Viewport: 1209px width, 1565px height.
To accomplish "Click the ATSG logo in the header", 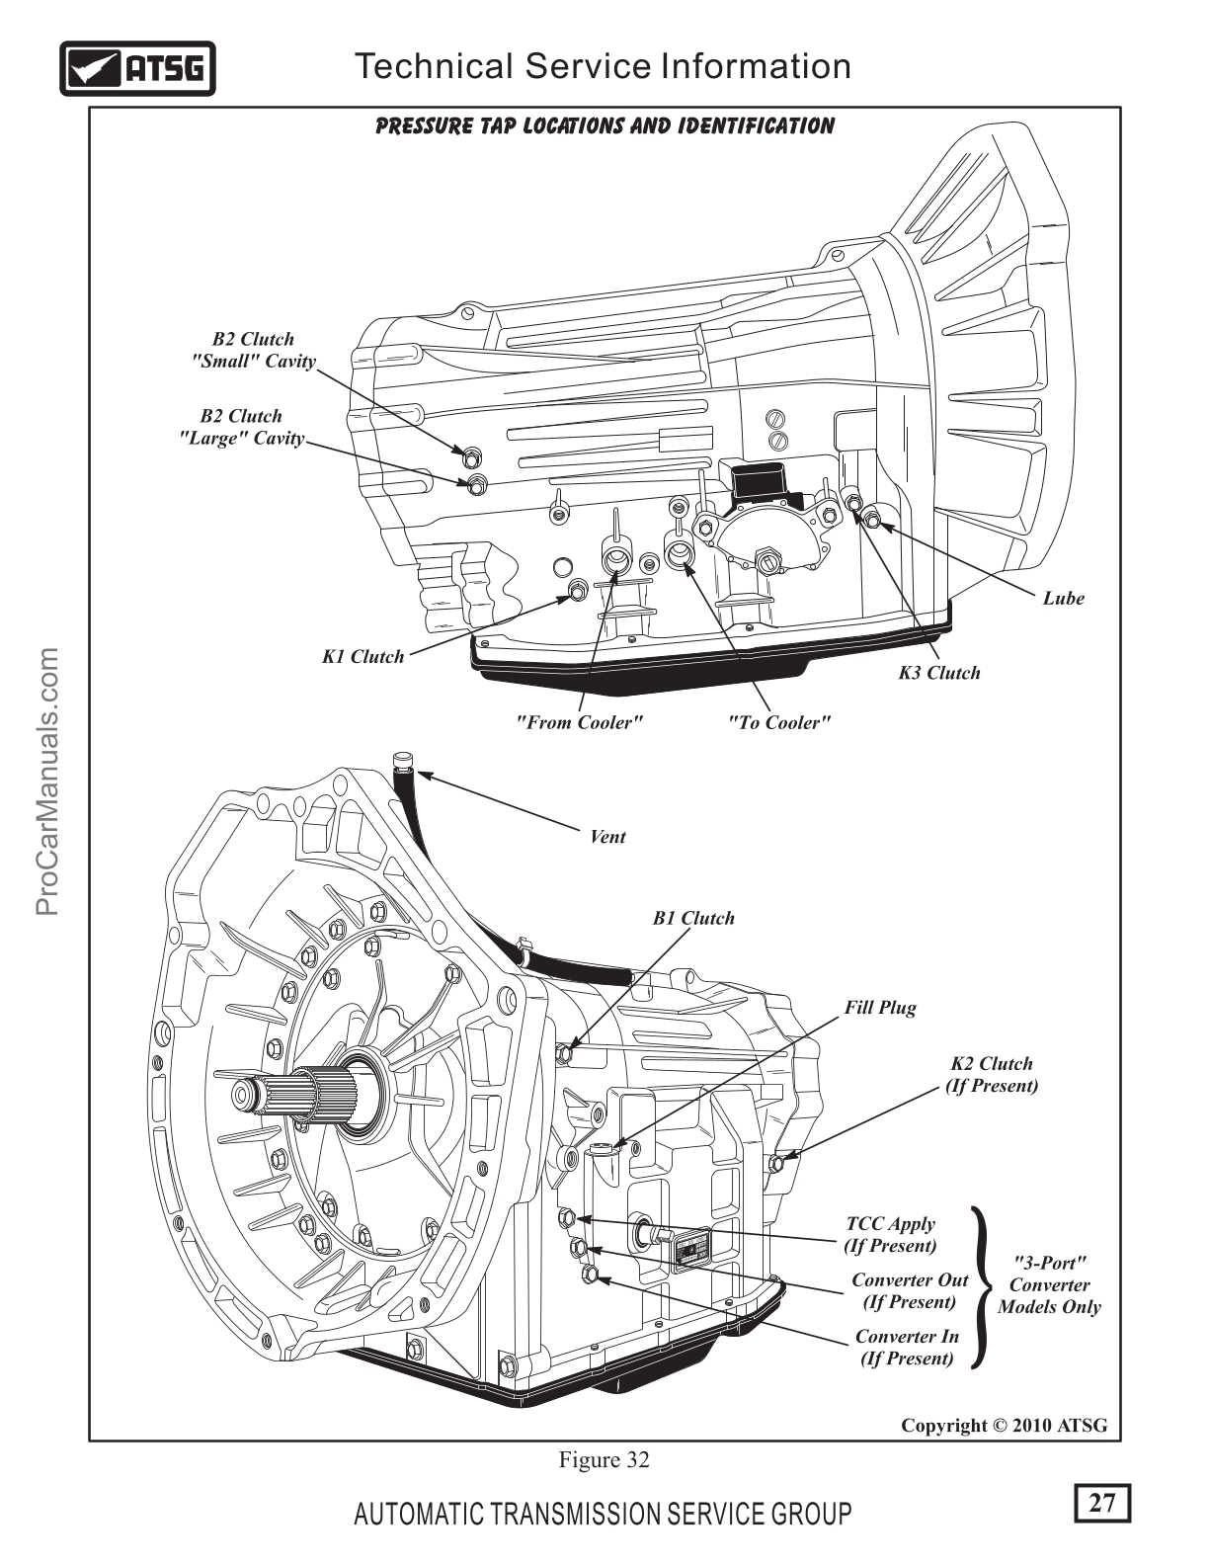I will [x=137, y=68].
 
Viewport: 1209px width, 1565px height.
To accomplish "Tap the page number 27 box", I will [x=1101, y=1503].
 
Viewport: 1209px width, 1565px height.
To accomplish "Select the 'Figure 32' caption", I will [x=604, y=1459].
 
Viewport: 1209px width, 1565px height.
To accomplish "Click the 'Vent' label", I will [x=607, y=837].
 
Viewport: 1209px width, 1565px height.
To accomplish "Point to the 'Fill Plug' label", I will [x=879, y=1008].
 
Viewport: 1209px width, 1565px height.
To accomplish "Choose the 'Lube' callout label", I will [x=1063, y=598].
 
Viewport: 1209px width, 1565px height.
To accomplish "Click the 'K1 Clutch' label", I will [x=363, y=656].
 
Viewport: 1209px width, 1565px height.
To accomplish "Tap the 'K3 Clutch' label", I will [x=938, y=673].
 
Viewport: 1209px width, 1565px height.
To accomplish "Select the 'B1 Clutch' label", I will [x=693, y=918].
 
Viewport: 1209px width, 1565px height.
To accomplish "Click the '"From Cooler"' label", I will [x=579, y=722].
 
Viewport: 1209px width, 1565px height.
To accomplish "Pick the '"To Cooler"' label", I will [x=778, y=722].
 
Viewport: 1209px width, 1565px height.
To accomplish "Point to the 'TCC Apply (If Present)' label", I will [x=890, y=1234].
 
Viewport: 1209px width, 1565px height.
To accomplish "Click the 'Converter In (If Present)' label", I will [x=907, y=1347].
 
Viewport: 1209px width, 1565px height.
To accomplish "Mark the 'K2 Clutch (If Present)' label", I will [x=992, y=1074].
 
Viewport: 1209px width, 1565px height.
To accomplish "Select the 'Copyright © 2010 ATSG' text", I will [x=1004, y=1425].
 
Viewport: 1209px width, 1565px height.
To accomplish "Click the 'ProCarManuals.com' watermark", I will [x=48, y=781].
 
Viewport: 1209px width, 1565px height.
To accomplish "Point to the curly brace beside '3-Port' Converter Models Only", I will [x=980, y=1287].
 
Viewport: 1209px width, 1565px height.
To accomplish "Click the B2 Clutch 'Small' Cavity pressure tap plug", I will [x=471, y=457].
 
